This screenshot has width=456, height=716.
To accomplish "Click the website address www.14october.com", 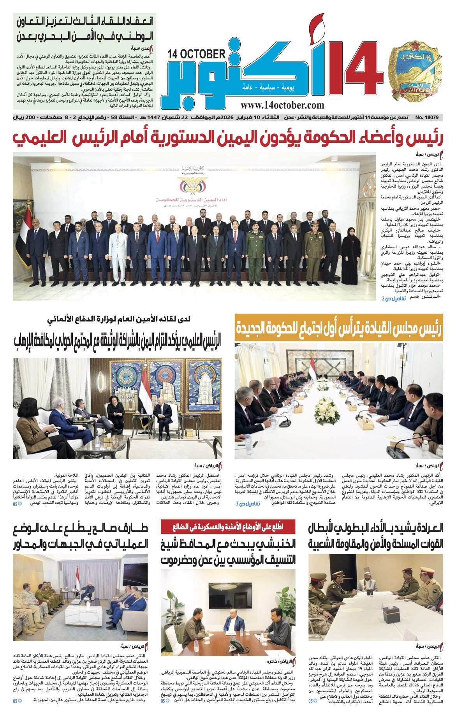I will (282, 105).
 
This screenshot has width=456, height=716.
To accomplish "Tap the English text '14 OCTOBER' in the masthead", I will (197, 54).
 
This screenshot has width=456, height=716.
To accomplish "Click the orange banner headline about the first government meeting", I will (338, 328).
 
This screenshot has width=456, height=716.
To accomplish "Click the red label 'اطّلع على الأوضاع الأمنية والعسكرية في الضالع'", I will (228, 527).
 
